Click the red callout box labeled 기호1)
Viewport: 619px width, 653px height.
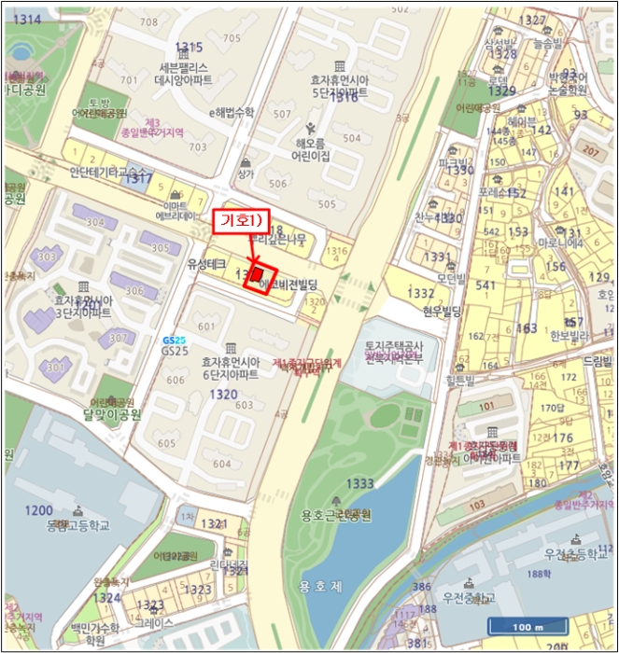(241, 221)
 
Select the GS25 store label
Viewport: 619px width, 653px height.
(174, 351)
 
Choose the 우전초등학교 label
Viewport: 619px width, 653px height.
(571, 553)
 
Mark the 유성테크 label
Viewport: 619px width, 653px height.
(206, 265)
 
